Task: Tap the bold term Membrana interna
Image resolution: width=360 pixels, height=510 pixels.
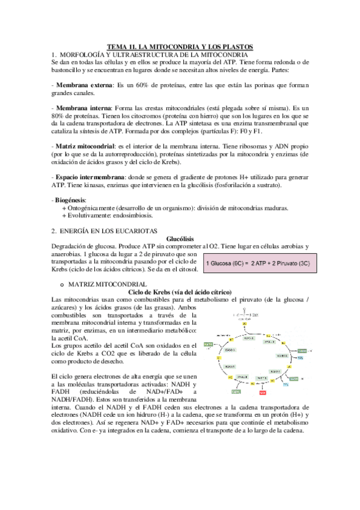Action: pos(82,107)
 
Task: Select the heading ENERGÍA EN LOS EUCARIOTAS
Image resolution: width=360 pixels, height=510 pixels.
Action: pos(112,231)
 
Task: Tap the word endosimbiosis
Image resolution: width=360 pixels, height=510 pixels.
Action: pos(138,215)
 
